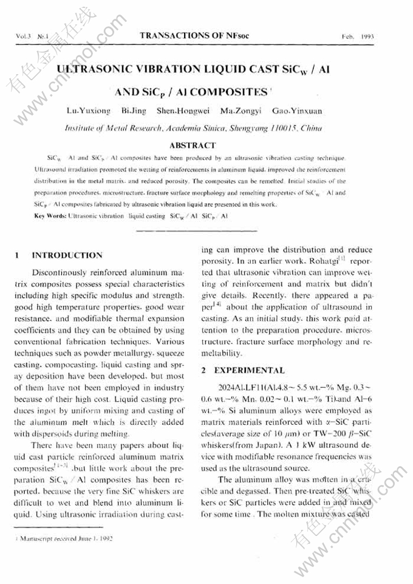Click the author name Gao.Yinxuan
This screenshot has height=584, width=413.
(297, 112)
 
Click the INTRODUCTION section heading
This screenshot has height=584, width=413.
(67, 256)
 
